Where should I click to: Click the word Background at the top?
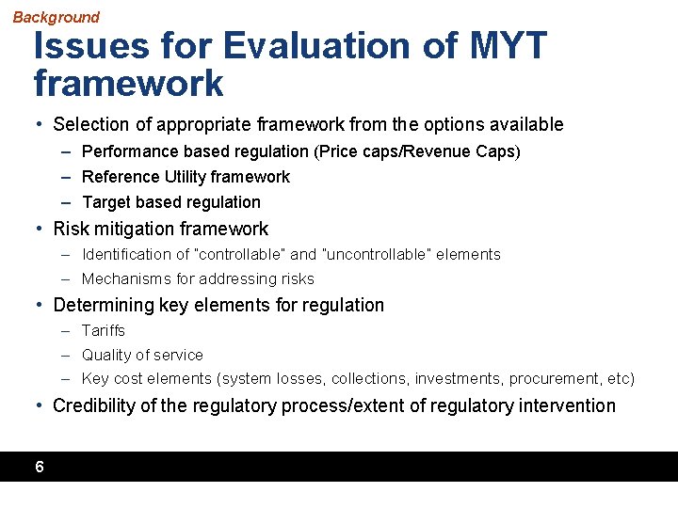[56, 17]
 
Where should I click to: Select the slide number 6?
[39, 467]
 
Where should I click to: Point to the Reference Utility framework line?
[186, 177]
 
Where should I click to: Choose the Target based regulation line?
[170, 202]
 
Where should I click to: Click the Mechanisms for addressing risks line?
[198, 279]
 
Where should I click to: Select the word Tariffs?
[103, 331]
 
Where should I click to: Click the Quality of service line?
[142, 356]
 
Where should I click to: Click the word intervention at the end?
[572, 405]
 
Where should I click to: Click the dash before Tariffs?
[66, 331]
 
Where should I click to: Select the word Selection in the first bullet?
[89, 124]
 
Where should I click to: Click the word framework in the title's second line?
[129, 84]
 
